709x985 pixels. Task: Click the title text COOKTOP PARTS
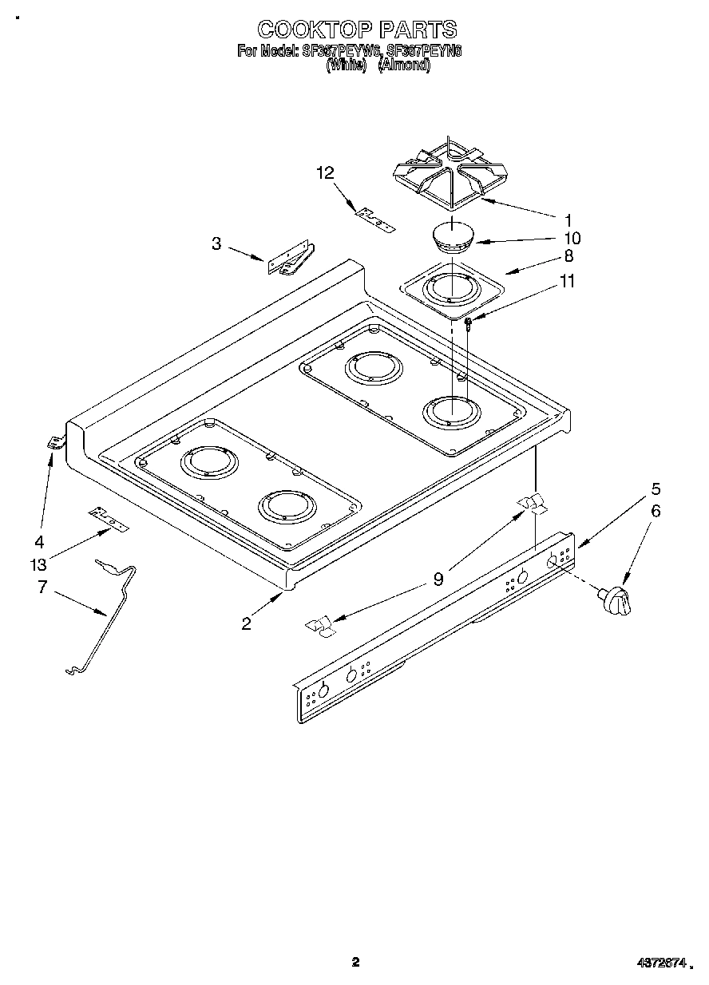coord(356,30)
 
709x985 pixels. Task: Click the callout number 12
coord(324,172)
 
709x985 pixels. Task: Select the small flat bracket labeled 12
coord(375,220)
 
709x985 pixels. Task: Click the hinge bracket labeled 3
coord(291,259)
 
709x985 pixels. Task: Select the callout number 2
coord(246,623)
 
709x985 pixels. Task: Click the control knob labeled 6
coord(616,599)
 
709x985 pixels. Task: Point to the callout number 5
coord(655,489)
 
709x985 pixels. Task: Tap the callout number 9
coord(438,580)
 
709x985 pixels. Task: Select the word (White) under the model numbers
coord(346,65)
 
